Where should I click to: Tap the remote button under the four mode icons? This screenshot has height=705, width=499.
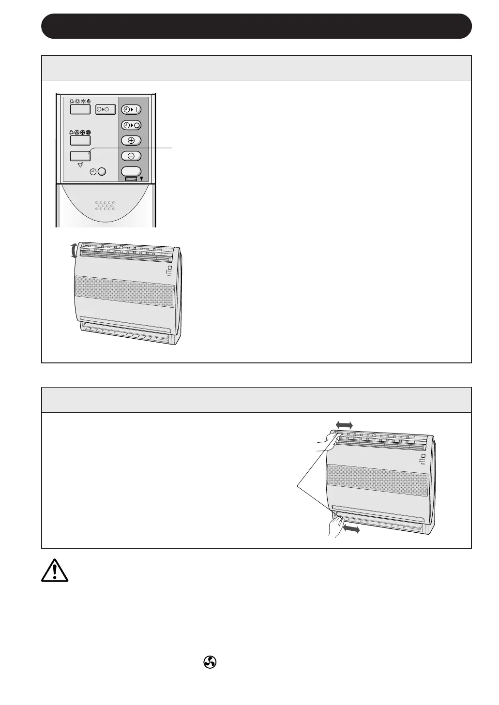click(80, 109)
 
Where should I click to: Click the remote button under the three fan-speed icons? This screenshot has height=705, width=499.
click(80, 140)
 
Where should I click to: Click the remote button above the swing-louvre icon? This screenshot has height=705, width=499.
click(80, 156)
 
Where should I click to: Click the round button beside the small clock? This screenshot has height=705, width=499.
click(102, 172)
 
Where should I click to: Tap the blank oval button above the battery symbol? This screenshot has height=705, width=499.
click(131, 171)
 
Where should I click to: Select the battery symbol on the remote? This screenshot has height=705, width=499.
click(131, 179)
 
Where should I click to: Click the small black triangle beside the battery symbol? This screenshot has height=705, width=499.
click(141, 179)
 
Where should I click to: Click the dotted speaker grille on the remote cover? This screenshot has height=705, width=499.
click(105, 206)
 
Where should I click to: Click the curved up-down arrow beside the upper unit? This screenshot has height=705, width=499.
click(74, 251)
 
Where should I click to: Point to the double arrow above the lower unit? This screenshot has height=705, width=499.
click(344, 424)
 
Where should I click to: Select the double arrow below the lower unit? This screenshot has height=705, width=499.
click(351, 530)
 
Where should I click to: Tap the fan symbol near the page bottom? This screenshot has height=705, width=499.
click(210, 662)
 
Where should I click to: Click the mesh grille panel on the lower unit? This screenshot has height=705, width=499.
click(378, 480)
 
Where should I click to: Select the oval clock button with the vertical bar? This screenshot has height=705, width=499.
click(131, 109)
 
